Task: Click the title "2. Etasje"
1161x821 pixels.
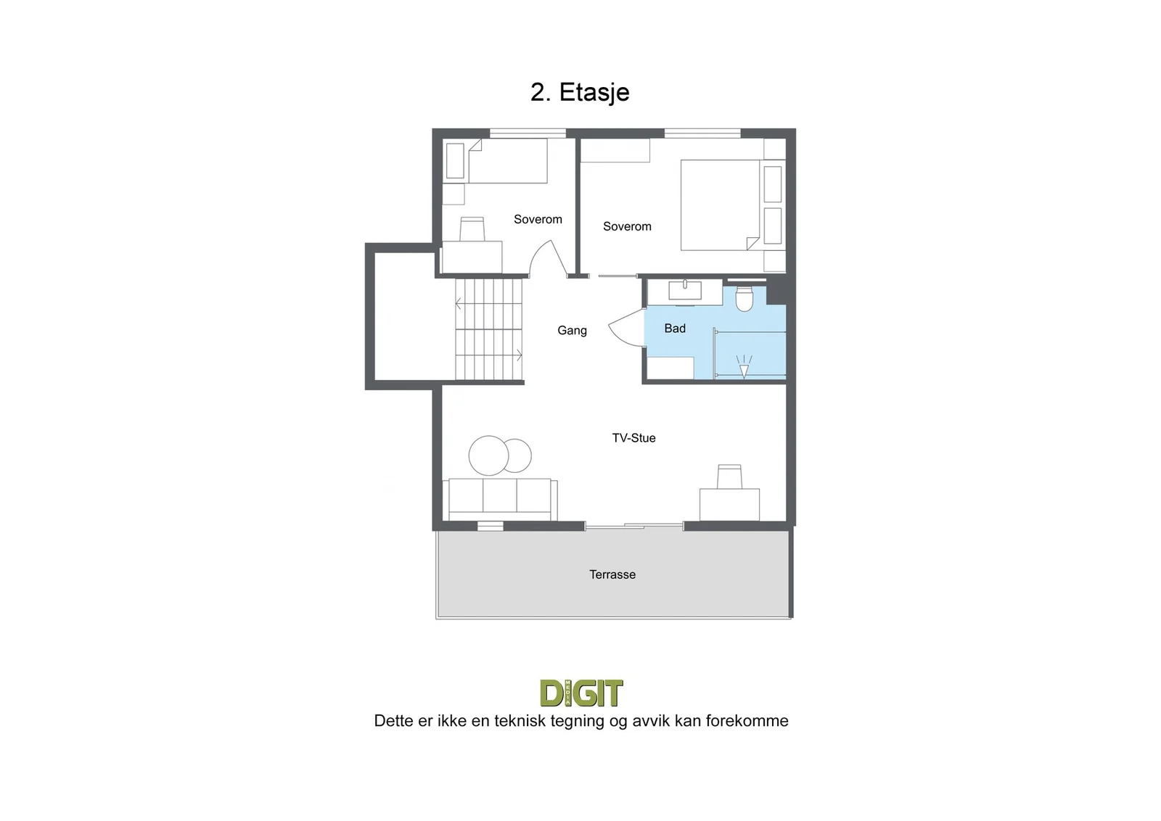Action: pos(580,93)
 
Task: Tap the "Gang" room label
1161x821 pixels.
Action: pos(572,331)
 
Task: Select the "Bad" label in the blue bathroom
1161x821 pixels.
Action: pos(675,328)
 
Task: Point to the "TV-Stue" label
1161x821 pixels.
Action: pos(633,437)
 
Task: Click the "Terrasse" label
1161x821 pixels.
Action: pos(612,574)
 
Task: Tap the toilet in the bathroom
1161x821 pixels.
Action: pos(744,298)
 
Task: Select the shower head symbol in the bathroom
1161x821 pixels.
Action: pos(744,366)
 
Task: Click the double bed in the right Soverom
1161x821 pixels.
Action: pos(720,205)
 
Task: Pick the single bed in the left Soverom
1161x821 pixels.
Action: pos(496,160)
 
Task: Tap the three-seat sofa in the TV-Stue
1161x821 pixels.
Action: pos(500,499)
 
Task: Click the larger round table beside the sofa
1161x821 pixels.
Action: pos(488,455)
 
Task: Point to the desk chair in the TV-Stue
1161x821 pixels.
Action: pos(729,476)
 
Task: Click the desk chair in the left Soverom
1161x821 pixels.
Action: pos(472,229)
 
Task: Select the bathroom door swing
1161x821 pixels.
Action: pos(627,328)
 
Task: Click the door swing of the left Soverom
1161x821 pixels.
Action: pos(549,257)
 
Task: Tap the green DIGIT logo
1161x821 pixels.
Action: pos(581,693)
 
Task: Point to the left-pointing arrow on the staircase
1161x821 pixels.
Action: pos(458,304)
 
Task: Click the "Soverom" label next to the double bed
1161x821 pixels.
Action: pos(627,226)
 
